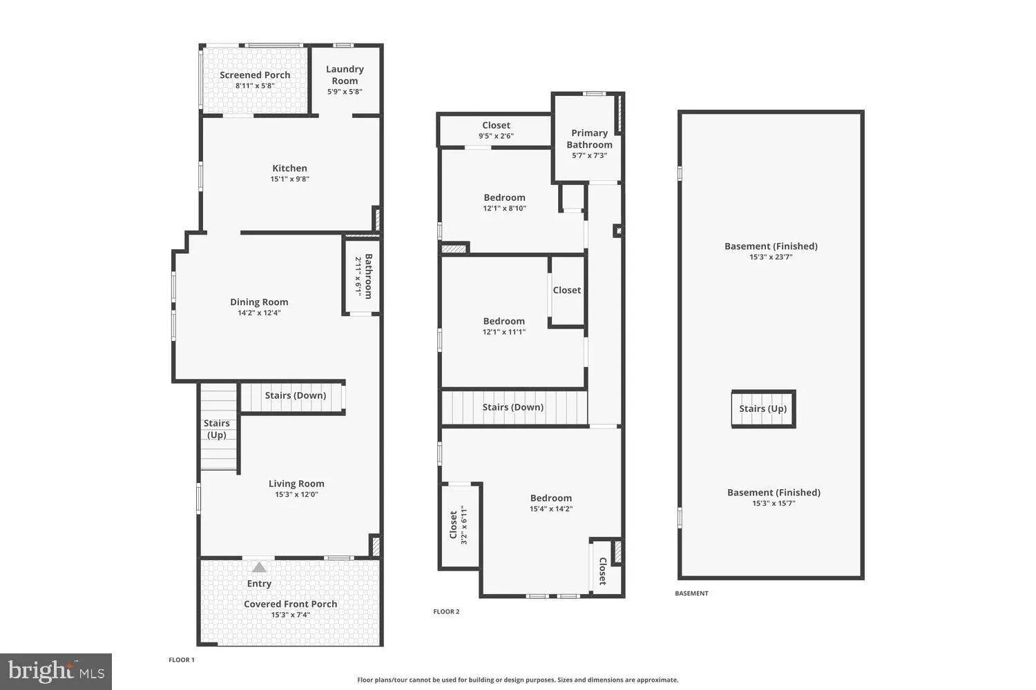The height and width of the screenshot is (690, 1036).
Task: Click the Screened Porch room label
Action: click(255, 75)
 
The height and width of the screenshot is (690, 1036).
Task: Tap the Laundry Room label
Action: click(345, 75)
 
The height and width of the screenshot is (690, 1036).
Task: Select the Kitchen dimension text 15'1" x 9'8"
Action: click(289, 179)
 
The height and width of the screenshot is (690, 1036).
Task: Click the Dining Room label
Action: click(259, 302)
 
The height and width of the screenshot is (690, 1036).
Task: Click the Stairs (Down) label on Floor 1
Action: click(295, 395)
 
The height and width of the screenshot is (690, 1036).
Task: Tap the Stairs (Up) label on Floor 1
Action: click(217, 428)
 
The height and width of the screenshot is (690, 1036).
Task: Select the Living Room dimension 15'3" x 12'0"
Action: click(296, 495)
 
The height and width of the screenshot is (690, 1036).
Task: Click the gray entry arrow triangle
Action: click(259, 567)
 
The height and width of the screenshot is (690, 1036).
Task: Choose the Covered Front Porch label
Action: click(290, 604)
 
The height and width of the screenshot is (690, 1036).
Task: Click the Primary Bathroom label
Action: click(589, 139)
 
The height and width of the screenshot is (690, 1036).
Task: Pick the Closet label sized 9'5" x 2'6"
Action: click(496, 126)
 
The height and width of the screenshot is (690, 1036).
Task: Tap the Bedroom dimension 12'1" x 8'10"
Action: click(504, 208)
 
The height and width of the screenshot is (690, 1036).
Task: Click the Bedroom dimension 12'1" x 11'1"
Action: click(503, 332)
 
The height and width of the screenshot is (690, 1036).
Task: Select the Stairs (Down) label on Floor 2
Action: click(512, 407)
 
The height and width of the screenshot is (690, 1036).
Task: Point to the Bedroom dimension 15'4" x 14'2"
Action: click(550, 509)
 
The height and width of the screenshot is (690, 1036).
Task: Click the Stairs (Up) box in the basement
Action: click(763, 408)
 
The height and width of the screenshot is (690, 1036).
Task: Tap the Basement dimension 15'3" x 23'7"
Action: click(771, 257)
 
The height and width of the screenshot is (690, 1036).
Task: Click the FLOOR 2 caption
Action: click(446, 611)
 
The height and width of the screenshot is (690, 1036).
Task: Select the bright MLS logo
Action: click(56, 671)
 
